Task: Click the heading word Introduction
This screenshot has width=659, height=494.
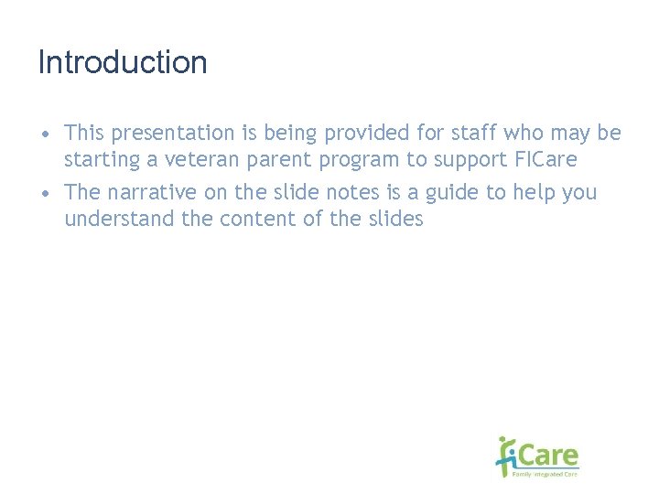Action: point(123,63)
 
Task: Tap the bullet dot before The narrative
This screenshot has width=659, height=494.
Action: point(45,194)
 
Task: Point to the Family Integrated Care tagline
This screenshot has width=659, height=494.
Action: point(546,474)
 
